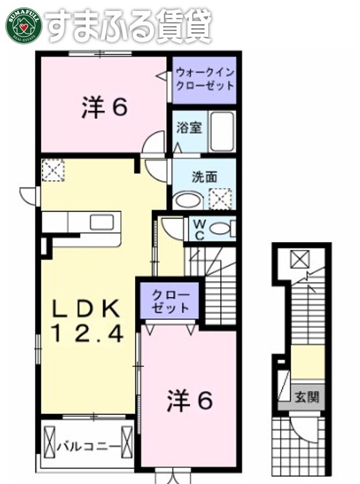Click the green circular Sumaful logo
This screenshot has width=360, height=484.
tap(24, 25)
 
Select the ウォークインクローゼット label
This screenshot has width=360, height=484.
tap(204, 79)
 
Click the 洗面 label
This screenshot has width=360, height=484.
tap(204, 177)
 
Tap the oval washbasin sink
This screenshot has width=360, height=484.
tap(188, 199)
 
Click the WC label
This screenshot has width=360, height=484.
tap(200, 229)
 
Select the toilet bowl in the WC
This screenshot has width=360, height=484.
tap(221, 229)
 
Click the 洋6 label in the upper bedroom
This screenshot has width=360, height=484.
tap(104, 108)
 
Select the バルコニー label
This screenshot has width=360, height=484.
tap(88, 446)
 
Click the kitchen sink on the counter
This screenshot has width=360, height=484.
tap(101, 223)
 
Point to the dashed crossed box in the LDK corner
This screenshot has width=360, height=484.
tap(52, 170)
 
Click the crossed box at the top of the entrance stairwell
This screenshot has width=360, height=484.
tap(300, 258)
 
